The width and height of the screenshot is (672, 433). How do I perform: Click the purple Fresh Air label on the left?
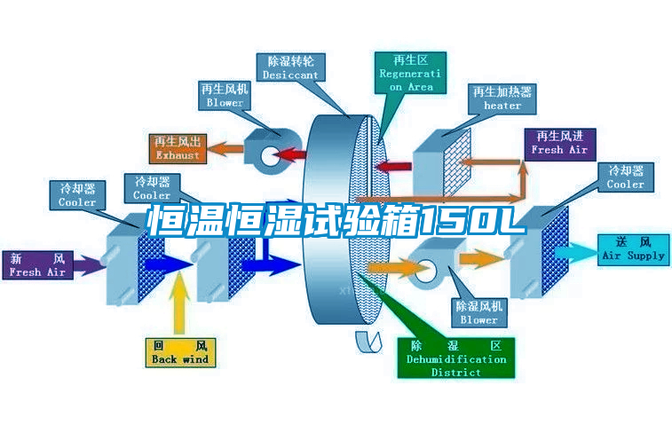(x=38, y=264)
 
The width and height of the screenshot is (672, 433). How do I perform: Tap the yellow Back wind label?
(x=180, y=351)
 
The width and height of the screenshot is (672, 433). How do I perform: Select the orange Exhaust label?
(x=178, y=148)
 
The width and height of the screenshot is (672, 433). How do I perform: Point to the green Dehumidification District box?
(x=456, y=358)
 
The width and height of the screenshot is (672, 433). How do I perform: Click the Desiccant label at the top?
(x=290, y=68)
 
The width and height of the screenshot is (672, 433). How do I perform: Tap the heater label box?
(x=502, y=98)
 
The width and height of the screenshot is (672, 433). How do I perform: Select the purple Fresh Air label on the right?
(x=559, y=143)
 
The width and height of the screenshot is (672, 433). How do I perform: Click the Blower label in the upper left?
(x=225, y=96)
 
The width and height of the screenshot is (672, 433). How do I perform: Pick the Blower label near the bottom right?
(x=478, y=312)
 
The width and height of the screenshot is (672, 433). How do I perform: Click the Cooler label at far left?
(x=77, y=195)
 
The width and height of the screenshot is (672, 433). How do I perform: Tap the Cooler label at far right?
(x=626, y=177)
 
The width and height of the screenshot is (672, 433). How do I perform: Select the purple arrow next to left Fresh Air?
(x=87, y=264)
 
